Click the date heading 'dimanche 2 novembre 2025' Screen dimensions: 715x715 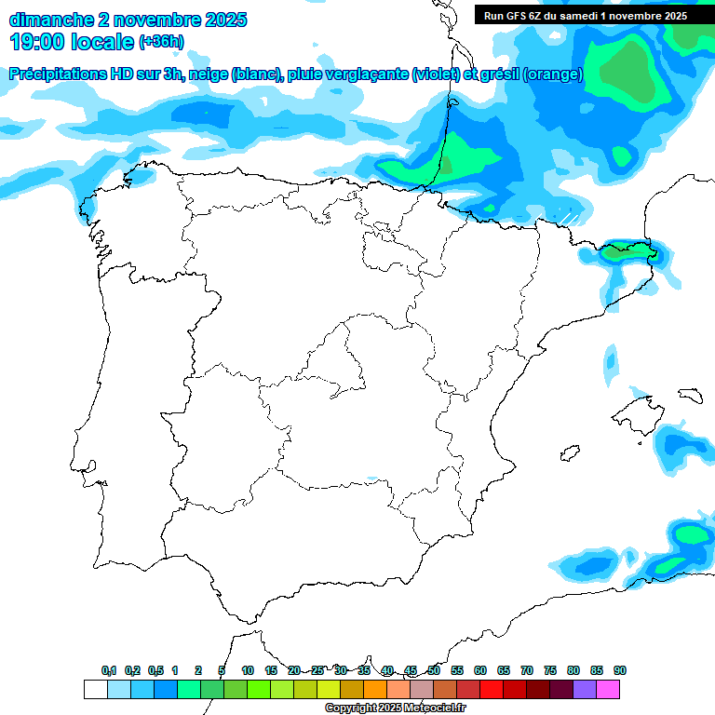click(128, 20)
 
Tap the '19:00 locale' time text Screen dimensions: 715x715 click(71, 42)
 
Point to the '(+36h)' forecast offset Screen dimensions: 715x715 click(161, 42)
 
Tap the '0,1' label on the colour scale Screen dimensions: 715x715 click(109, 670)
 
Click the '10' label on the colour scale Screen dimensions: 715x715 click(248, 670)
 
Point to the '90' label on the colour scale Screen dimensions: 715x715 click(620, 670)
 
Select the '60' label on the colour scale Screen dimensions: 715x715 click(480, 670)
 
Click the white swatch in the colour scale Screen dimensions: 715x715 click(95, 689)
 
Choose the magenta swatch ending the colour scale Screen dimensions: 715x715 click(608, 689)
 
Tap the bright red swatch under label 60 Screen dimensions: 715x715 click(492, 689)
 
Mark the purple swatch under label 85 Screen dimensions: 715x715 click(585, 689)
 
